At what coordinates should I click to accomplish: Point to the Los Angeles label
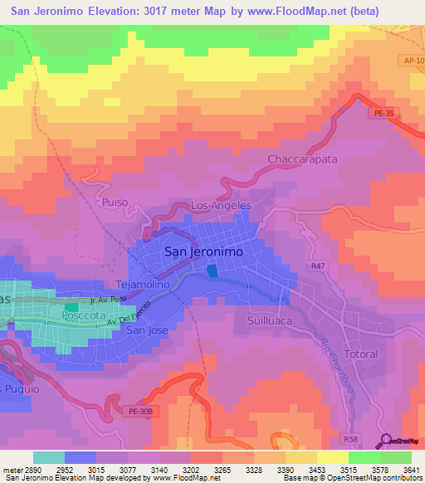point(221,206)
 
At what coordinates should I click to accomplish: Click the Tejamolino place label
point(143,283)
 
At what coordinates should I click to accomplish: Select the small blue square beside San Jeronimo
point(213,271)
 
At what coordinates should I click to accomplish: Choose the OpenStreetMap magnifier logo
point(387,442)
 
